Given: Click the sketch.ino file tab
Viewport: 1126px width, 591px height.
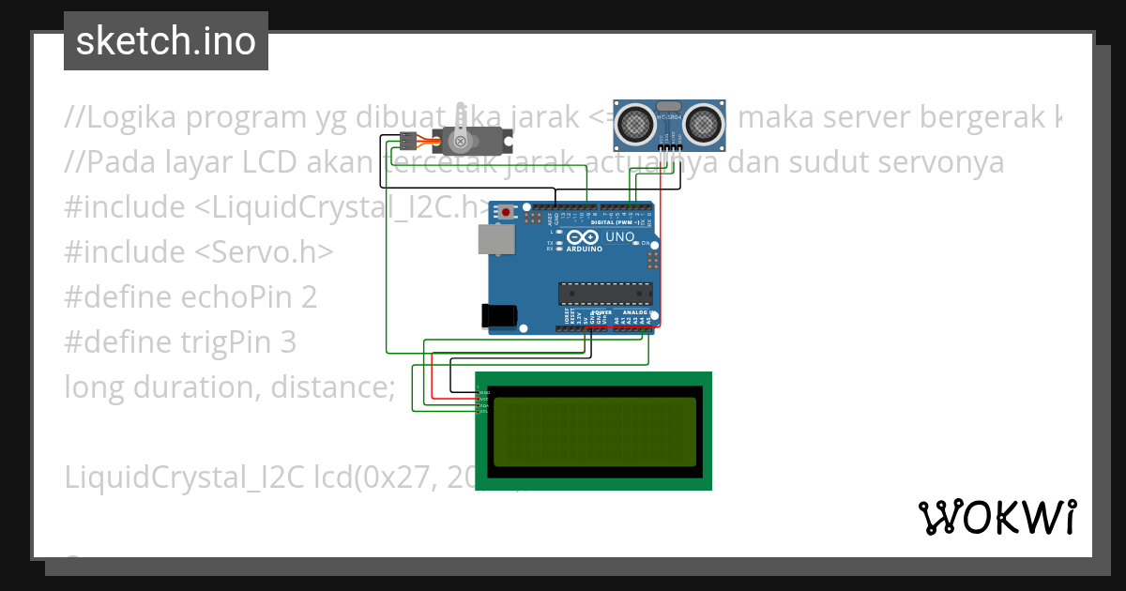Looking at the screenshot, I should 166,41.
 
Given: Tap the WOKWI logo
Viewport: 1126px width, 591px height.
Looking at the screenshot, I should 997,517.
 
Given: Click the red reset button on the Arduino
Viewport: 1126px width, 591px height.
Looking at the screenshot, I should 507,212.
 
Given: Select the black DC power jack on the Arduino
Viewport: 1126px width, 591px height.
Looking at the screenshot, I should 499,315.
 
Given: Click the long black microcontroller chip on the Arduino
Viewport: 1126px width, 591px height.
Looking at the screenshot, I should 605,294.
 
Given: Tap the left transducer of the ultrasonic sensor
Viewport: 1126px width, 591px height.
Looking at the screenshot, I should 636,122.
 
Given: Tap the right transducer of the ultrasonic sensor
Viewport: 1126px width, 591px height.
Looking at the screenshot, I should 703,122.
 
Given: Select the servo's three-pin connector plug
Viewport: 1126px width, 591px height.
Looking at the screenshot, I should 406,142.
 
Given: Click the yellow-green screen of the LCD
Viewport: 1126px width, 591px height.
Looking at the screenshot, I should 595,432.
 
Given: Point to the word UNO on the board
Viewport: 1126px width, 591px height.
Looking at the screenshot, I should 619,237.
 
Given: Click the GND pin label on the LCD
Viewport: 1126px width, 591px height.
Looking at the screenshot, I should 484,392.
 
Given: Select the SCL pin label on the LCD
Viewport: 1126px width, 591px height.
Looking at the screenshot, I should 484,412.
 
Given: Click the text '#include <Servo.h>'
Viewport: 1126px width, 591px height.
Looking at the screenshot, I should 199,252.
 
